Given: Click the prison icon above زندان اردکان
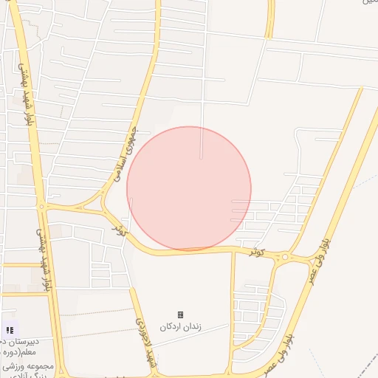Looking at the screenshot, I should [x=180, y=315].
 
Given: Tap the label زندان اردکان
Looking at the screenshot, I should [x=180, y=326].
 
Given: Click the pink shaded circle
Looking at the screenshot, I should [x=189, y=188].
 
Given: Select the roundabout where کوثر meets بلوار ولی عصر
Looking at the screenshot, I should [x=285, y=258].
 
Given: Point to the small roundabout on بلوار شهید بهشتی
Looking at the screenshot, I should [x=42, y=207].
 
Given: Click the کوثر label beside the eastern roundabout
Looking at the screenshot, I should [x=256, y=251].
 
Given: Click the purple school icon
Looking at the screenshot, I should [x=9, y=331].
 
